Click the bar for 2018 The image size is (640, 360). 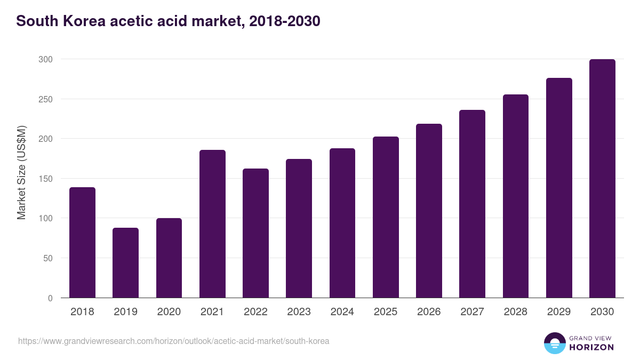click(x=82, y=243)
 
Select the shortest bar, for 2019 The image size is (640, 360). click(x=125, y=263)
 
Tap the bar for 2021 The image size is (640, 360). click(x=212, y=224)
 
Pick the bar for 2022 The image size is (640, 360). click(x=255, y=233)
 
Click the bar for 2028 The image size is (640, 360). click(x=516, y=196)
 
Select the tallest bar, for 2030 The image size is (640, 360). click(x=602, y=179)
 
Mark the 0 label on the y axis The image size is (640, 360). click(x=50, y=298)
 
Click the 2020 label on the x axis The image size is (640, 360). click(x=169, y=312)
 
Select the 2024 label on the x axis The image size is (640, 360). click(x=342, y=312)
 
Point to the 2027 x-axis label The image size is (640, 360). click(x=472, y=312)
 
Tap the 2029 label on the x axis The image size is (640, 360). click(x=559, y=312)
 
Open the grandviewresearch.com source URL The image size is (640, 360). click(x=173, y=341)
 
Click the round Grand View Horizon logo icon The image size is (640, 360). click(x=555, y=343)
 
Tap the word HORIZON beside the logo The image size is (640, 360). click(x=591, y=347)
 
